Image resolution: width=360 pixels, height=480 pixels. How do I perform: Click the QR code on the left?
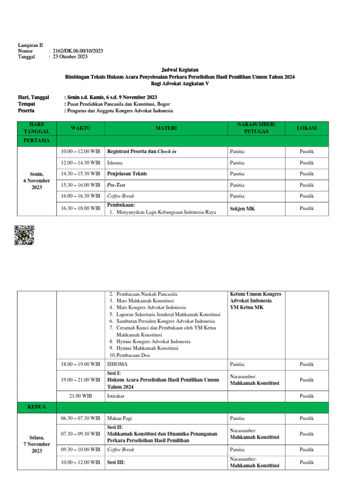click(x=24, y=235)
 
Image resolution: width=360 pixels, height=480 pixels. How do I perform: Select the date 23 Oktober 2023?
click(x=70, y=57)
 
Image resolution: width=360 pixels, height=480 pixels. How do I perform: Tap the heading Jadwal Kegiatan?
click(x=180, y=69)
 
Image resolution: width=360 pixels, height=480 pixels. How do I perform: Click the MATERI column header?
click(x=166, y=128)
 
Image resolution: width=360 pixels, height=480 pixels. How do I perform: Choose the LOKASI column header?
click(x=307, y=128)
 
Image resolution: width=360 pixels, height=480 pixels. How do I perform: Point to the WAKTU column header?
click(x=81, y=128)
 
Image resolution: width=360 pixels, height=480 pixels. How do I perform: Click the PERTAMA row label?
click(x=37, y=140)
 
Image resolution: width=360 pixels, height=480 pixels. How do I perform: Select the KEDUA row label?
click(x=37, y=407)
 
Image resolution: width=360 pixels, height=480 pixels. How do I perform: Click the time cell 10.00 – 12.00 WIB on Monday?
click(x=81, y=151)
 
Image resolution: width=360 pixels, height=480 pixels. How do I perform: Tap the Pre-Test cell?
click(x=116, y=185)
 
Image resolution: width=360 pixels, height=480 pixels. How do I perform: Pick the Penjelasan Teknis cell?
click(x=127, y=173)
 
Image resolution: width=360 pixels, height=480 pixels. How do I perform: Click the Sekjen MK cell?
click(x=242, y=208)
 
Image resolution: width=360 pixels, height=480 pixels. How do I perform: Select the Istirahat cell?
click(x=117, y=396)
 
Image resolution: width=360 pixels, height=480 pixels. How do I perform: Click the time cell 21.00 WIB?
click(x=81, y=396)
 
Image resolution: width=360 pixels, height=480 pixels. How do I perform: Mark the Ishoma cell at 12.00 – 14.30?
click(x=115, y=163)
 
